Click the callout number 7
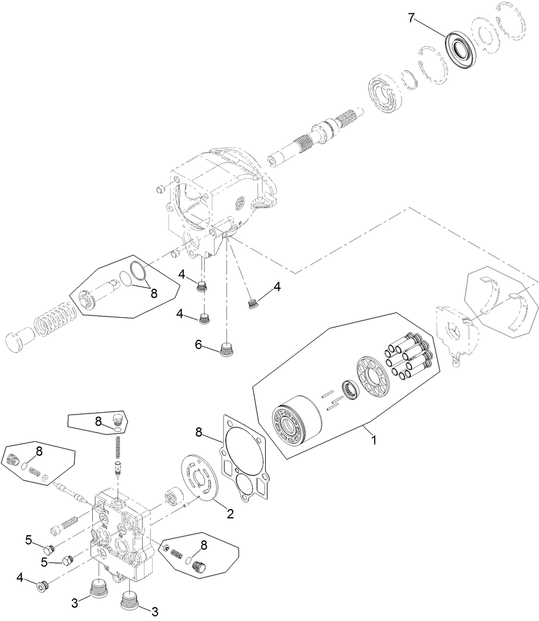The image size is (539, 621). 411,18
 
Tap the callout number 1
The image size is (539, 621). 374,440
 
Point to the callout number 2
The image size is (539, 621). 230,514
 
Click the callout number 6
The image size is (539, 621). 198,345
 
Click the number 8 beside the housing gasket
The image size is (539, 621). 200,432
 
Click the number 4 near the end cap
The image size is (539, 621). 20,578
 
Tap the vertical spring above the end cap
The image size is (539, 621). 118,448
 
